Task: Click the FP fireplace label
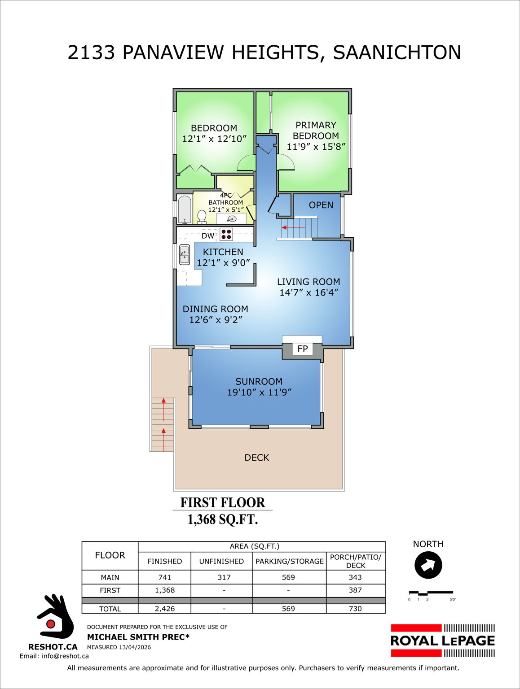pos(302,349)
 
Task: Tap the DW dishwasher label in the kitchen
pos(207,235)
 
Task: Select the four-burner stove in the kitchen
pos(226,234)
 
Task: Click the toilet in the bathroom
pos(202,217)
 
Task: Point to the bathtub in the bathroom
pos(184,209)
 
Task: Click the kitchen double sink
pos(185,255)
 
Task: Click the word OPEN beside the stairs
pos(321,205)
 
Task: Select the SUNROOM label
pos(259,381)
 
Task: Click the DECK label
pos(256,458)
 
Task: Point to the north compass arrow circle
pos(428,565)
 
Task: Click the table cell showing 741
pos(164,577)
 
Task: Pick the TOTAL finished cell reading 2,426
pos(164,609)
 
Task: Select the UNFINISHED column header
pos(221,561)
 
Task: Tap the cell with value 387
pos(355,590)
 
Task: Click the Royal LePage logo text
pos(442,641)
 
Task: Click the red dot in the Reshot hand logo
pos(51,624)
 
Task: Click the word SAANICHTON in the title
pos(397,52)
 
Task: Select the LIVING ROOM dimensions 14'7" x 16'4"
pos(308,292)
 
